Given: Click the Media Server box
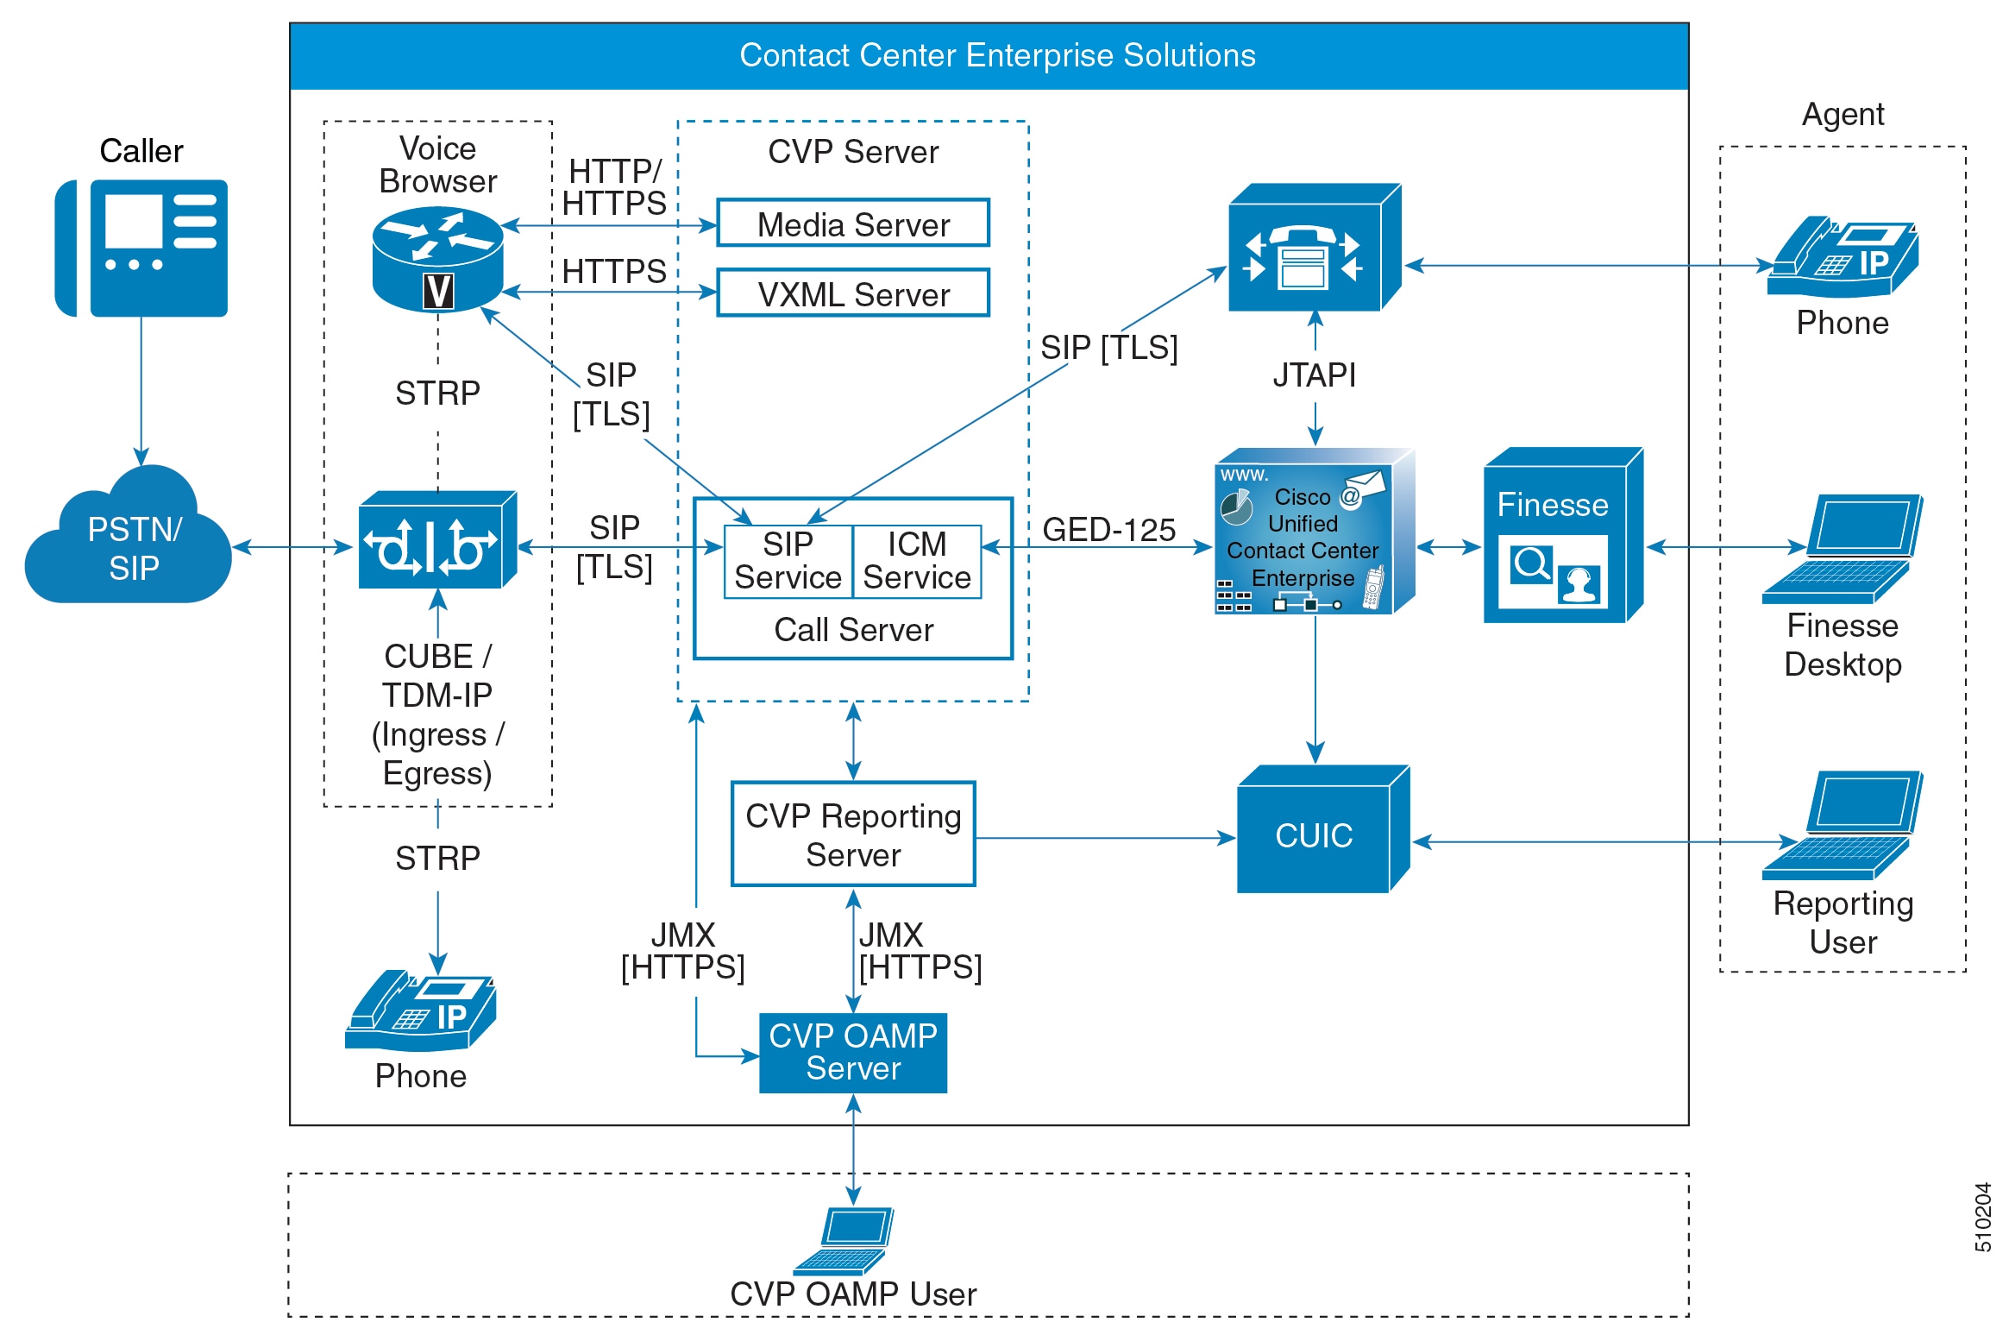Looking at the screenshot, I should click(852, 223).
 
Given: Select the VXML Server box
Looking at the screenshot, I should click(852, 293).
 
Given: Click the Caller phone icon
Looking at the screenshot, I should click(142, 248).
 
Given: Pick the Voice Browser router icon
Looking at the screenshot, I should click(437, 259).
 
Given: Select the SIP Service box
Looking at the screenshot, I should click(788, 561).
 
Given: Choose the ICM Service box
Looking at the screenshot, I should click(916, 561).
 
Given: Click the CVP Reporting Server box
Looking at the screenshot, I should click(852, 834).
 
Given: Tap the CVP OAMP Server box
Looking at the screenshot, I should click(852, 1052).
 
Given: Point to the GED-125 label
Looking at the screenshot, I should click(1108, 529).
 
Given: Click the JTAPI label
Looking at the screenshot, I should click(1314, 375).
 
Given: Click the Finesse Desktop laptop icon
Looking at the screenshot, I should click(1842, 549).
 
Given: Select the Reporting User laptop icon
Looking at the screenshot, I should click(1842, 825).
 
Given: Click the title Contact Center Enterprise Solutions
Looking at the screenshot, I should click(997, 55).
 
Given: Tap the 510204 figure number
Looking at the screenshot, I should click(1982, 1217).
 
